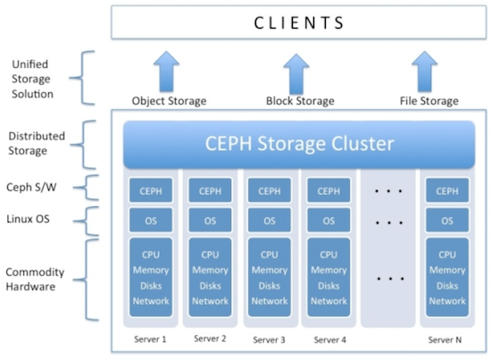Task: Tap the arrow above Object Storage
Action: [167, 72]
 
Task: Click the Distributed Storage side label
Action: [35, 143]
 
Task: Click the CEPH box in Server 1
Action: [149, 190]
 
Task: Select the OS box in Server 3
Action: [266, 220]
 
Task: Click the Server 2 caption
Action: [210, 339]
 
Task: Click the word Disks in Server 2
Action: [210, 286]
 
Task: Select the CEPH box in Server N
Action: [447, 190]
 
